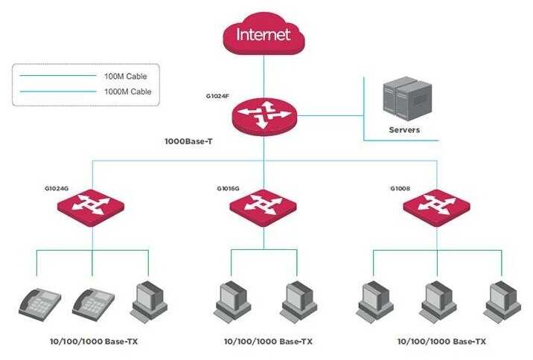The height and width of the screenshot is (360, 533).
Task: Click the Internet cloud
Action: coord(264,35)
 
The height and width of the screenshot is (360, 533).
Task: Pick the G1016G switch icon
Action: coord(264,204)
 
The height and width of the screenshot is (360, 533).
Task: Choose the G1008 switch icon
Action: coord(437,204)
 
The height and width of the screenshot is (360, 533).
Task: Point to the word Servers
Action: coord(404,130)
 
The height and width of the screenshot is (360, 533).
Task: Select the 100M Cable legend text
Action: coord(127,76)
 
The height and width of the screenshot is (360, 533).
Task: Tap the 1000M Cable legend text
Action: coord(127,91)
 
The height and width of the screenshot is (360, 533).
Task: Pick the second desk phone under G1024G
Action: coord(92,303)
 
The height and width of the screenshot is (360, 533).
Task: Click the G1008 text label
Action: coord(400,188)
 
